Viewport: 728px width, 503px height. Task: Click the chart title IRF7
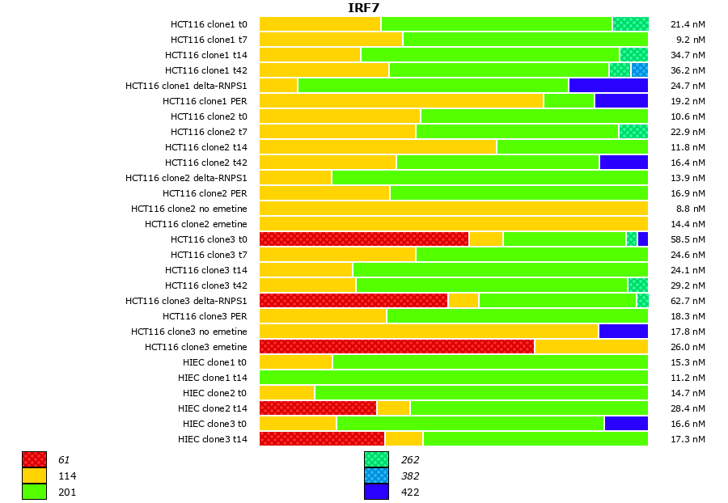[364, 8]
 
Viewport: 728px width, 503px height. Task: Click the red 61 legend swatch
[34, 460]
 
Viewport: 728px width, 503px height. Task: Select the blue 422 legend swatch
[376, 492]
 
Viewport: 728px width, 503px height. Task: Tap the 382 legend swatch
[376, 476]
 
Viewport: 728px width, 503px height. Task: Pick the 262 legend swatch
[376, 460]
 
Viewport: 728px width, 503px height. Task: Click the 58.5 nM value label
[688, 239]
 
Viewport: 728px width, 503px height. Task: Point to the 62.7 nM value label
[688, 301]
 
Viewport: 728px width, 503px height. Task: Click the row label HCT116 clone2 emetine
[196, 224]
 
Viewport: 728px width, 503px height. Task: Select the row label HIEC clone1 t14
[213, 378]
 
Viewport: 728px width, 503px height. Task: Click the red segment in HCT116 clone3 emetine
[396, 347]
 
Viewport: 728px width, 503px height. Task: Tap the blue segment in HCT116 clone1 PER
[621, 101]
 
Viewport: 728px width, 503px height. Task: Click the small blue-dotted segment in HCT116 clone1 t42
[639, 70]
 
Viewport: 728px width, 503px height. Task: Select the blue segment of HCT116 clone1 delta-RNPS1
[608, 86]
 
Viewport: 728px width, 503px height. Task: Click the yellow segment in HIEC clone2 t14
[393, 408]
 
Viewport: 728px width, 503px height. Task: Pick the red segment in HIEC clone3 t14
[322, 439]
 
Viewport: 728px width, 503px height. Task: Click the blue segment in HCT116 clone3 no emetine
[623, 332]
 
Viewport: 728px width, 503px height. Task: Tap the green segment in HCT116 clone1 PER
[569, 101]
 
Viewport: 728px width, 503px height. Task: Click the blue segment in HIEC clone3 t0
[626, 424]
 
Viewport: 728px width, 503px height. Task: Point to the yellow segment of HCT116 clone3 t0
[486, 239]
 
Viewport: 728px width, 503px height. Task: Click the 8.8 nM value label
[691, 209]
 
